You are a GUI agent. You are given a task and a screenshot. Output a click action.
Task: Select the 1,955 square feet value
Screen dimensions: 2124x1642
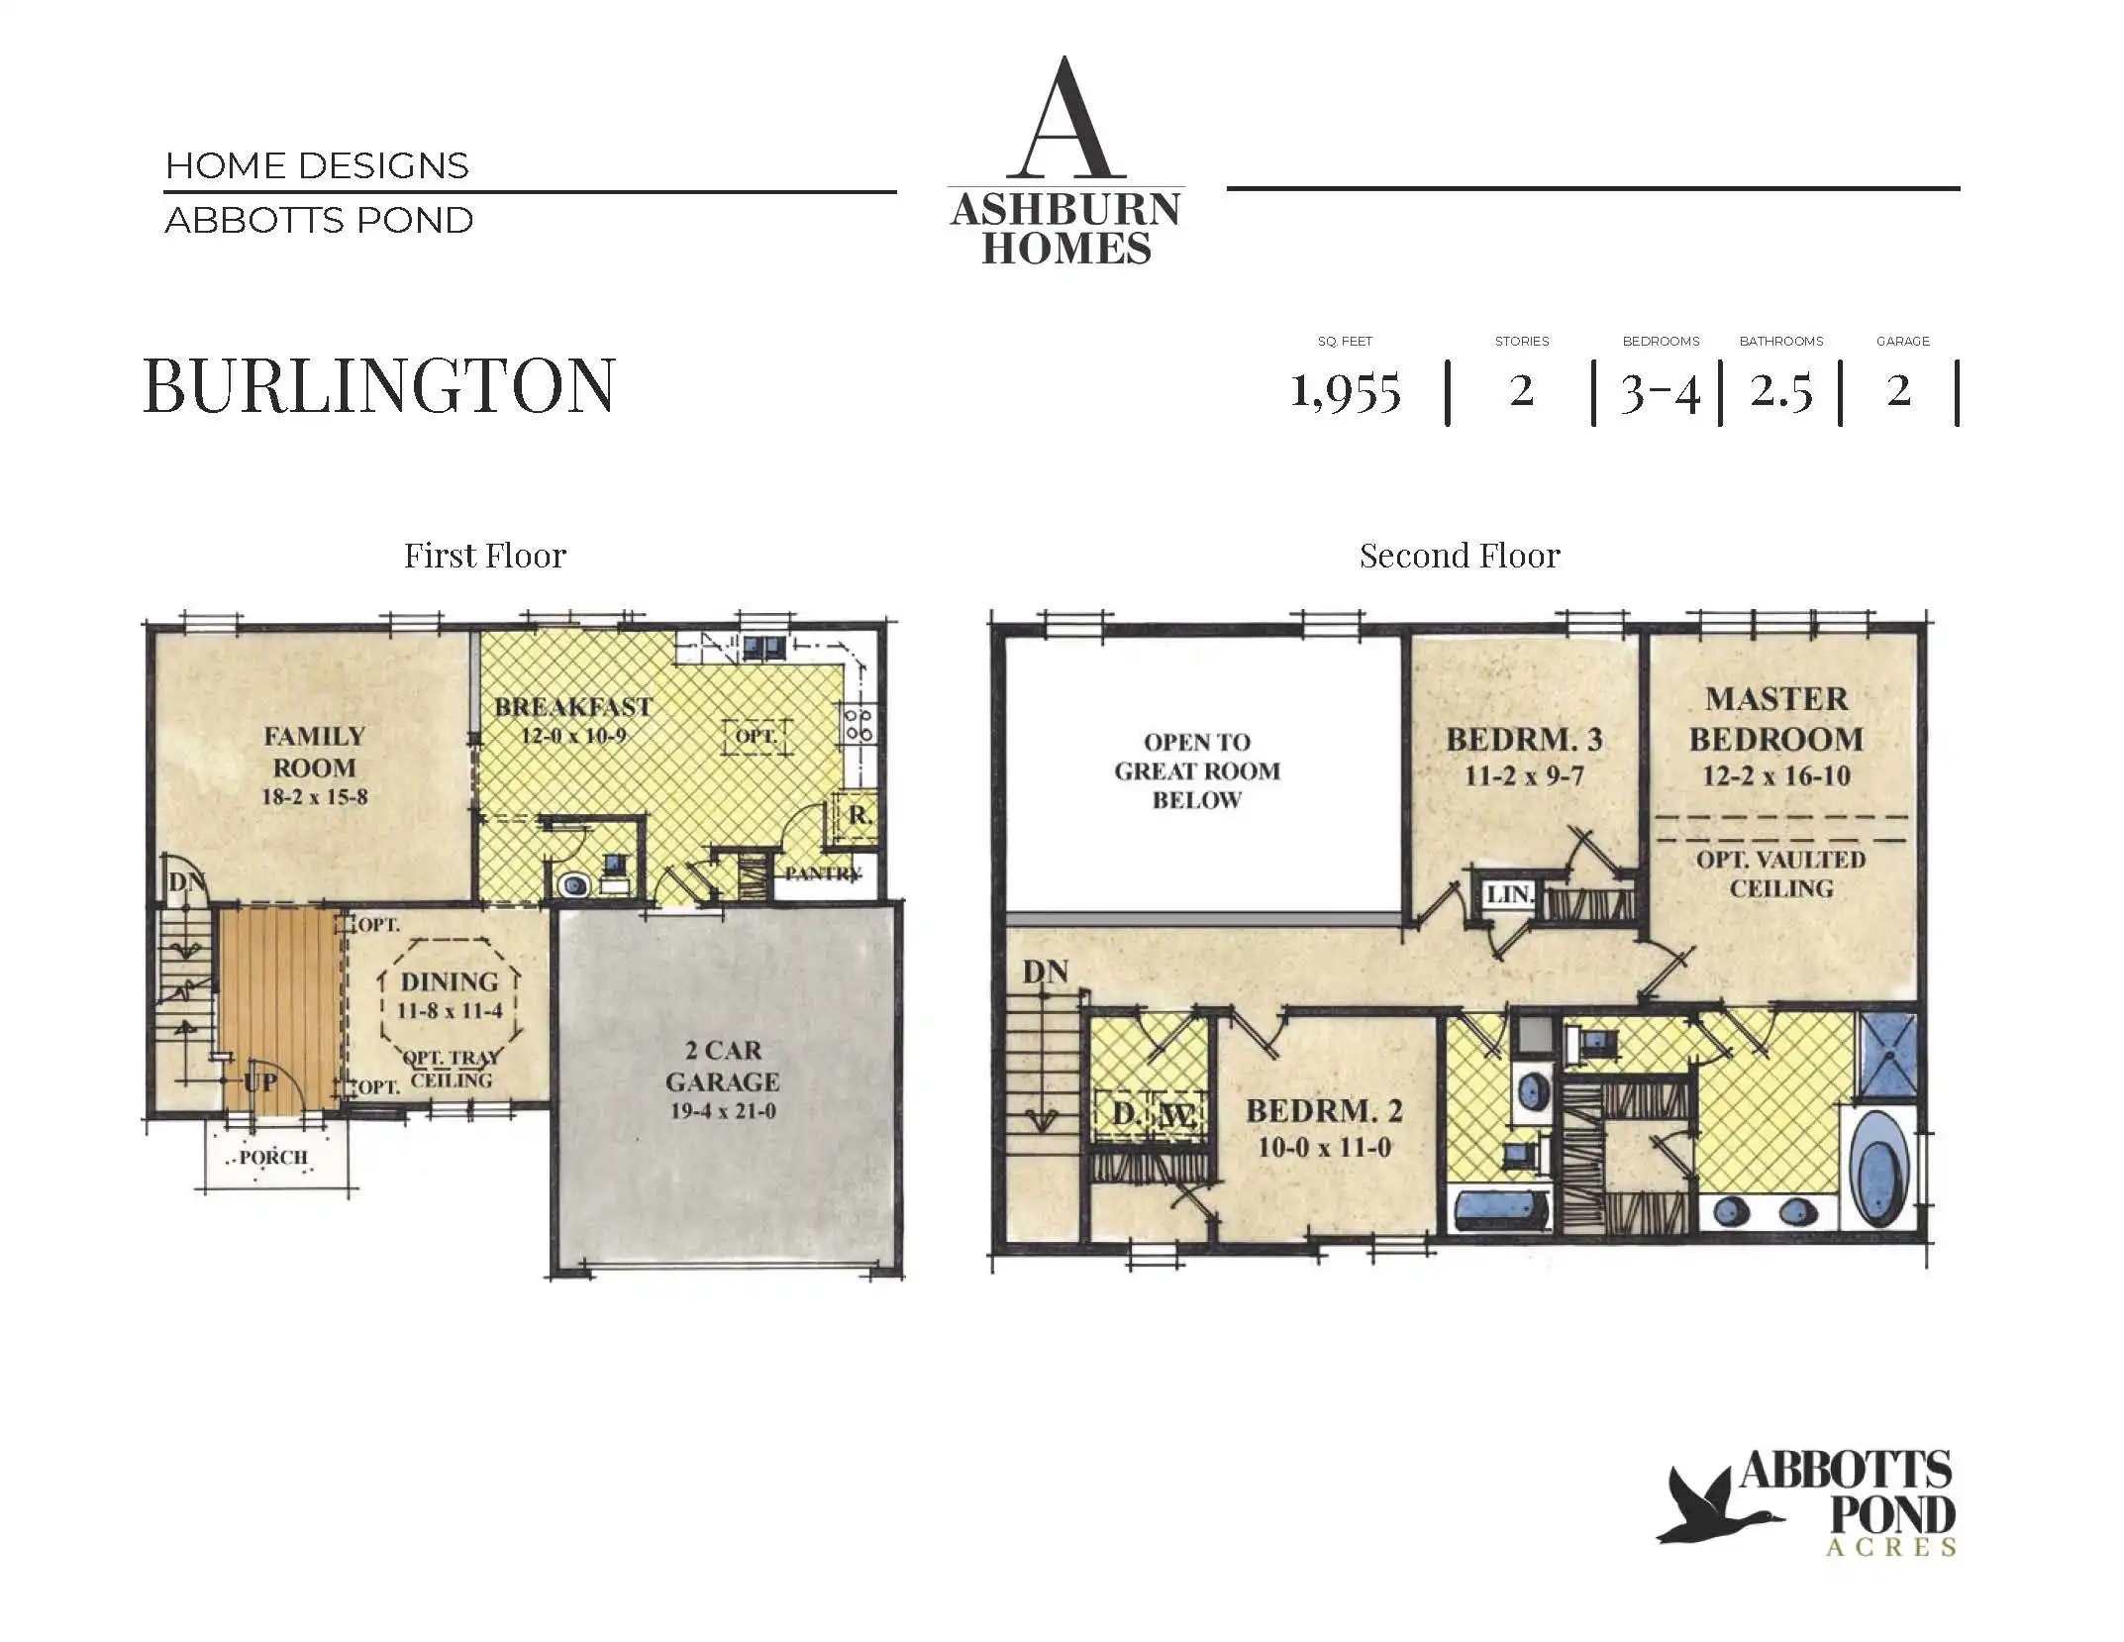1346,391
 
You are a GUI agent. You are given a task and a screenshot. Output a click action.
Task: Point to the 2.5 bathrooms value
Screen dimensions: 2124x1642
1780,391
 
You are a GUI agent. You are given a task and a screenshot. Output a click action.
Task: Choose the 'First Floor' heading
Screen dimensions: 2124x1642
485,556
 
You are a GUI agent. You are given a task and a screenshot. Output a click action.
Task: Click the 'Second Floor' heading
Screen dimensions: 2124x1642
1460,556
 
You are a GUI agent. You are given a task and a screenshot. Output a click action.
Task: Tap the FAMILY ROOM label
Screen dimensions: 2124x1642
314,752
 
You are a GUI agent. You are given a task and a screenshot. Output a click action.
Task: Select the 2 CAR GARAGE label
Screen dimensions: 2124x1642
722,1066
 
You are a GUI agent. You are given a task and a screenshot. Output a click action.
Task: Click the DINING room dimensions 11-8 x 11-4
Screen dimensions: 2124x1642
450,1011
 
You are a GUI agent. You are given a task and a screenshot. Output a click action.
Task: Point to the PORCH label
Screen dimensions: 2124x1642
273,1158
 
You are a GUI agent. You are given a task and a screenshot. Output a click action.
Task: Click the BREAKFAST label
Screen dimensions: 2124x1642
573,707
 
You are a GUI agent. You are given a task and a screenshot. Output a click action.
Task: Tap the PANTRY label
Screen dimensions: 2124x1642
823,873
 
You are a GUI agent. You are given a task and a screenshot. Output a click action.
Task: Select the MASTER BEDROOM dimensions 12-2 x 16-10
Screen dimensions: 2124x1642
1776,775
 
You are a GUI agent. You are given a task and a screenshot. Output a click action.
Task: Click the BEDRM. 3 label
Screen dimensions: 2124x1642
1524,740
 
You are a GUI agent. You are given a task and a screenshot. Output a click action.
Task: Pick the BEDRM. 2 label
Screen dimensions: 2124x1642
1324,1111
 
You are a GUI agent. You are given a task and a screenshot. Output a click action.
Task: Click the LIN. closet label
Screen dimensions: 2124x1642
1509,895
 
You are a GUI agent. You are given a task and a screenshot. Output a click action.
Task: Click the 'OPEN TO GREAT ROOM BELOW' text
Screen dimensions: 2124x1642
1197,770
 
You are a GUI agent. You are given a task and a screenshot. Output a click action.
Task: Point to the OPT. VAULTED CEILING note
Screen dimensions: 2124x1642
1780,873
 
